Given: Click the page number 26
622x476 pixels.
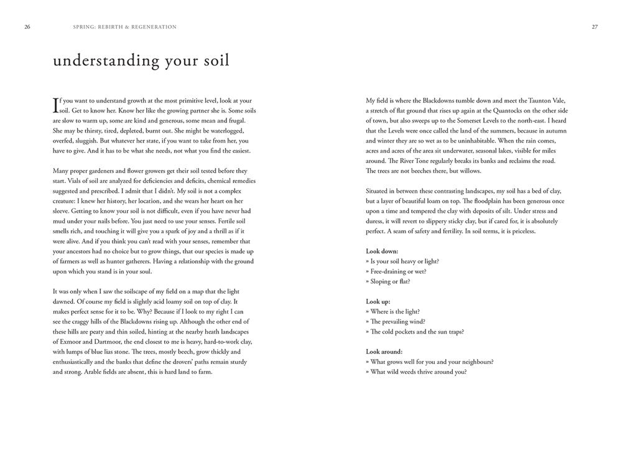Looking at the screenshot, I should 27,27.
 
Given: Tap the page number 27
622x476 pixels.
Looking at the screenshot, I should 595,27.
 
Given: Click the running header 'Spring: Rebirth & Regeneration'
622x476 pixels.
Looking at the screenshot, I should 124,27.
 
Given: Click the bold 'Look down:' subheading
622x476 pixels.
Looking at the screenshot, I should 382,251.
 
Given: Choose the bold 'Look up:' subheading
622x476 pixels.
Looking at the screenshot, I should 378,301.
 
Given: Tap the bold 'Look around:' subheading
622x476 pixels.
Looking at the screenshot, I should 384,352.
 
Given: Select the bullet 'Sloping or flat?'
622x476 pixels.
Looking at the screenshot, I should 390,281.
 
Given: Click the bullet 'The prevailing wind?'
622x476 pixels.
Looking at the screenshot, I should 397,322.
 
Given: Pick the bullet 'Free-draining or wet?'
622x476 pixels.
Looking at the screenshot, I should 398,271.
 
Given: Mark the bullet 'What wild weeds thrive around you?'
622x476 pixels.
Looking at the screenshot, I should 418,372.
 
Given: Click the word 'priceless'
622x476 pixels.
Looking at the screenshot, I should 521,231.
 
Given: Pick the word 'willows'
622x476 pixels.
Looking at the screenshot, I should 466,171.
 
